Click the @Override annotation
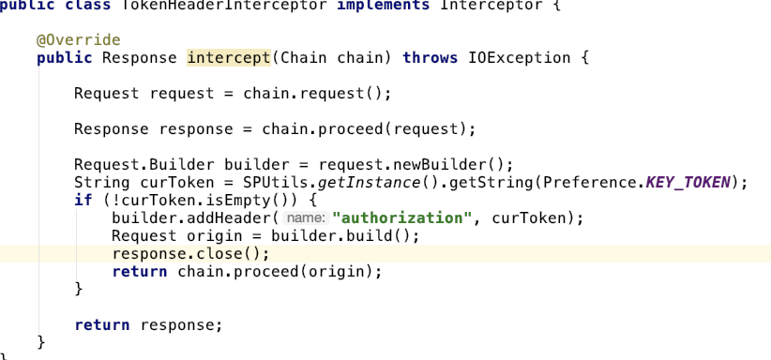[79, 40]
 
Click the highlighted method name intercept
[229, 58]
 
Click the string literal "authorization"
[401, 218]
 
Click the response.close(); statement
[190, 254]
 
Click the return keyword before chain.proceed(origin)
[140, 272]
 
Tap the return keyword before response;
[102, 325]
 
